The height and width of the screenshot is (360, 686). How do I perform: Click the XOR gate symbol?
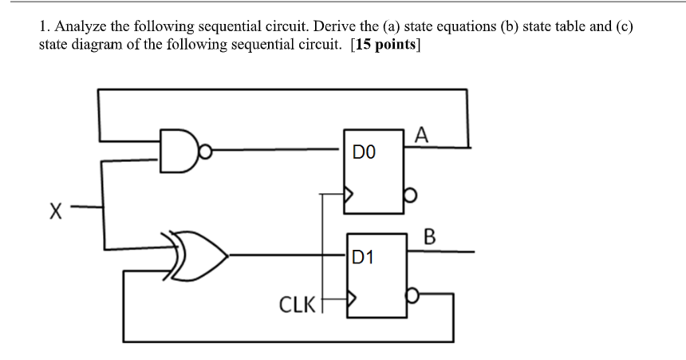coord(199,255)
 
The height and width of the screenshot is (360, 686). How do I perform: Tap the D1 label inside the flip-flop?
coord(362,257)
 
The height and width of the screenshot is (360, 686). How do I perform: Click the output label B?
coord(430,236)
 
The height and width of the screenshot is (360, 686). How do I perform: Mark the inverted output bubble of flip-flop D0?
coord(409,194)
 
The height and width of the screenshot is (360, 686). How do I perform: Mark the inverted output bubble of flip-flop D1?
coord(411,295)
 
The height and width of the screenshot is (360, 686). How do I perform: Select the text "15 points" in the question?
coord(386,44)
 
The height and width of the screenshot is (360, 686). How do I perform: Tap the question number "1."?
coord(45,26)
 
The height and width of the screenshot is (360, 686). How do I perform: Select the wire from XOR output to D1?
coord(287,255)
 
